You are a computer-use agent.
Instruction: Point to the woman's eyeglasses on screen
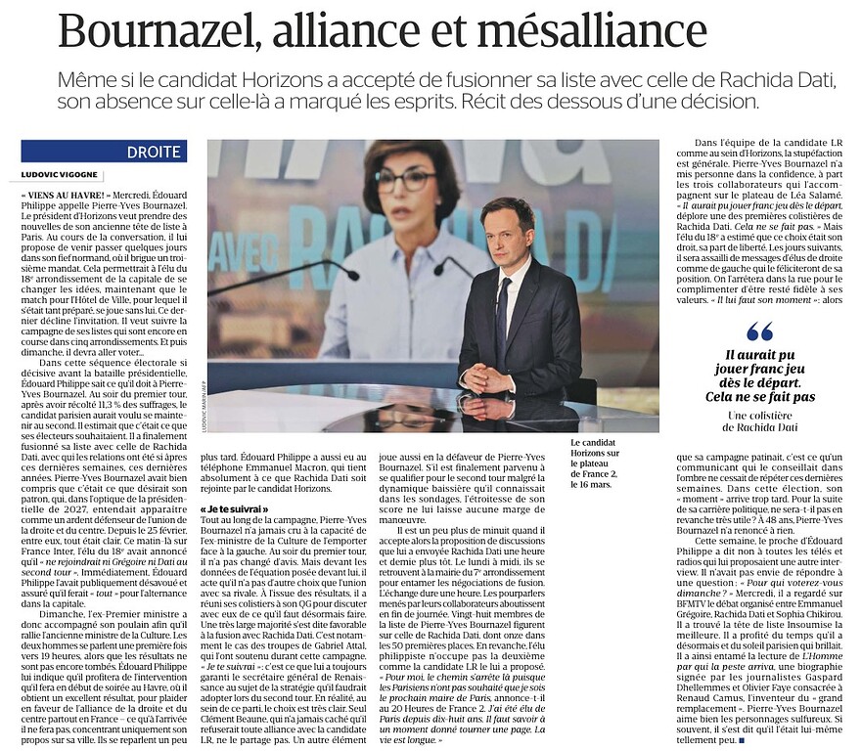click(x=405, y=181)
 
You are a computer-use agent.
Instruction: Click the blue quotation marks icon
click(x=760, y=331)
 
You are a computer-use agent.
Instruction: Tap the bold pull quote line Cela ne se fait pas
click(x=760, y=396)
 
